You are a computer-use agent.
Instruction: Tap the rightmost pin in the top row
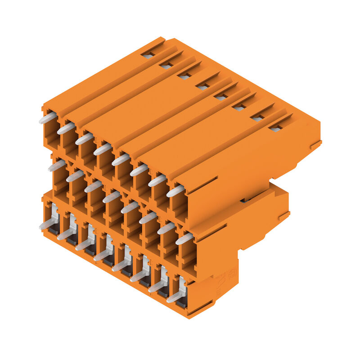click(x=175, y=191)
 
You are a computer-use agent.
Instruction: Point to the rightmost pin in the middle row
click(x=184, y=238)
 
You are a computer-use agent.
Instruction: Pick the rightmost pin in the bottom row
click(x=175, y=297)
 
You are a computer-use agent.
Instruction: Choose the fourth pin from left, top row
click(x=103, y=149)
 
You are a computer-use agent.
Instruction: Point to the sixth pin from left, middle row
click(x=148, y=218)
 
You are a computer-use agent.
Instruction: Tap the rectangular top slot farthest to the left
click(x=148, y=56)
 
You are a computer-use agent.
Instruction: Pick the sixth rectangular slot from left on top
click(x=239, y=108)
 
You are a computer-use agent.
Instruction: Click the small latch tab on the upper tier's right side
click(x=315, y=145)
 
